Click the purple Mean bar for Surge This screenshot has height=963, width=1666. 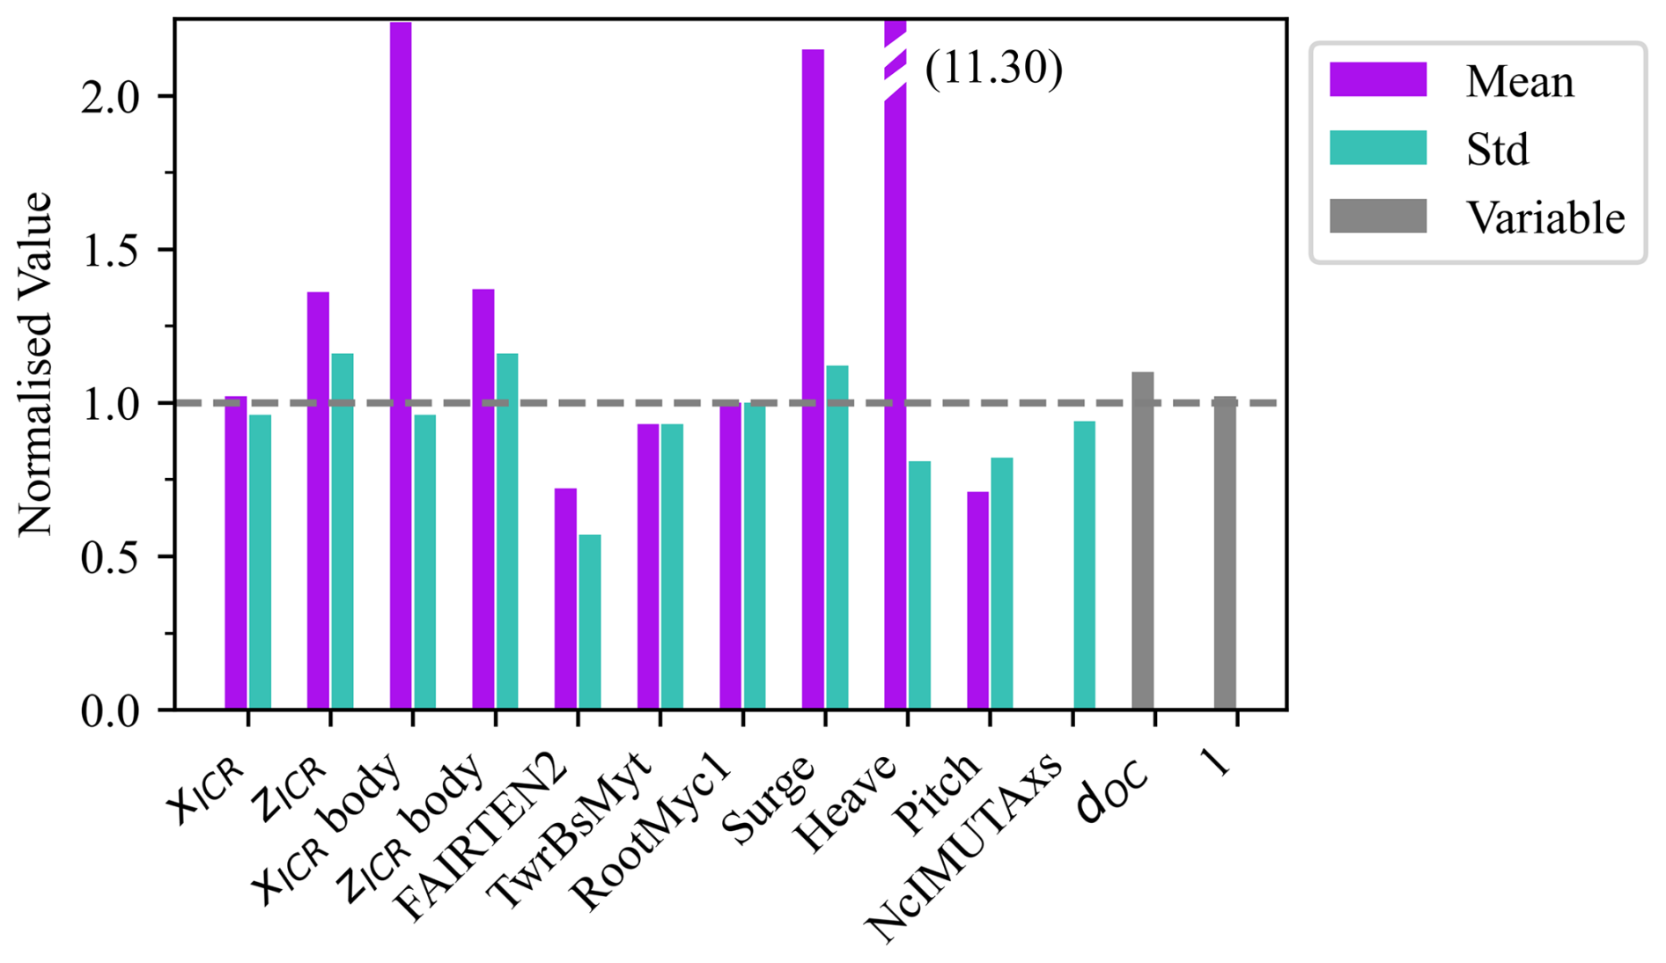[x=813, y=379]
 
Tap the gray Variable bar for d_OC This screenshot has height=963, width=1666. [x=1143, y=540]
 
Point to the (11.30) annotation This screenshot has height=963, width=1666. [x=994, y=69]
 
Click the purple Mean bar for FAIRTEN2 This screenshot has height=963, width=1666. [x=565, y=599]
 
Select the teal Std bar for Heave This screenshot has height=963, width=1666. [x=919, y=585]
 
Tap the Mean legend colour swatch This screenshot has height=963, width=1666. [x=1377, y=79]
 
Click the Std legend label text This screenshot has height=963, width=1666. [x=1497, y=150]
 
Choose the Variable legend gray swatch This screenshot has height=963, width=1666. [x=1377, y=217]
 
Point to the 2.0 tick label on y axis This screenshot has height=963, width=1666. [x=111, y=97]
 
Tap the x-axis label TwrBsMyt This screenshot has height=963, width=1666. [x=571, y=827]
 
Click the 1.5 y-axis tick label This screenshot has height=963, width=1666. [x=111, y=251]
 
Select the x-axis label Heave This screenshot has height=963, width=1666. [x=845, y=801]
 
